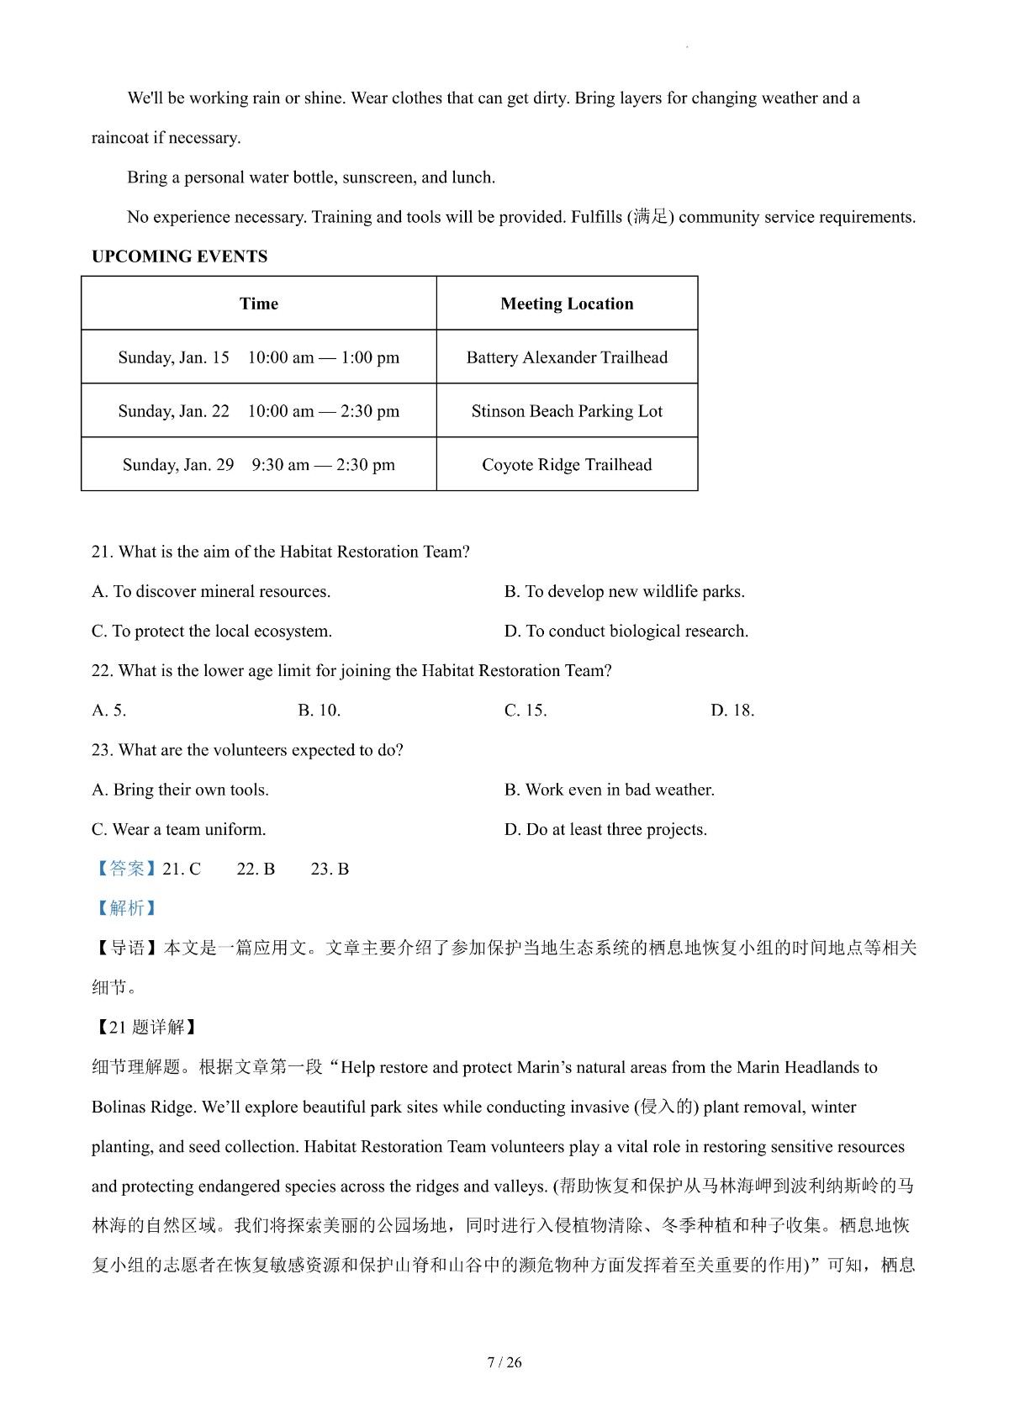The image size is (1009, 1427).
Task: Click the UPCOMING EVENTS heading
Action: (x=179, y=256)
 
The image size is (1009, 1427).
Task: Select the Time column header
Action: (x=258, y=304)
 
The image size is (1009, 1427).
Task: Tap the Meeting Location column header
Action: (x=567, y=304)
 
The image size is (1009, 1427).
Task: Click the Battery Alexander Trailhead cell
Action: (x=567, y=357)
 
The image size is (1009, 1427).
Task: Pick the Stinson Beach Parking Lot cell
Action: (x=567, y=411)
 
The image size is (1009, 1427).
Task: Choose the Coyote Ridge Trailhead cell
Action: (x=567, y=465)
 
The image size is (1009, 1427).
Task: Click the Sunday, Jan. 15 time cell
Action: (x=258, y=357)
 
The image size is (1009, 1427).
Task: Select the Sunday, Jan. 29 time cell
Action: (x=258, y=465)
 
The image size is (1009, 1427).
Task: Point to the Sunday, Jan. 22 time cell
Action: (x=258, y=411)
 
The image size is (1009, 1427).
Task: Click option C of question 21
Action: (x=211, y=632)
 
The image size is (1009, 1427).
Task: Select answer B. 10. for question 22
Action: (x=319, y=711)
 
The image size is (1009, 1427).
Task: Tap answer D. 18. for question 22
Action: (x=732, y=711)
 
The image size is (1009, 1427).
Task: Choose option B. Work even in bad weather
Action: (x=609, y=790)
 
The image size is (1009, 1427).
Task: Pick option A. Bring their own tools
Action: (x=180, y=790)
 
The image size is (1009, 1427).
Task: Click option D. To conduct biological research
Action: (x=626, y=632)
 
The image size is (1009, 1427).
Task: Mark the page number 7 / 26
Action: (x=504, y=1362)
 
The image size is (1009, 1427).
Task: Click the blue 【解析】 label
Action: (x=126, y=908)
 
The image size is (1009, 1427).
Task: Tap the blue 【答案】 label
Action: (x=126, y=869)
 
